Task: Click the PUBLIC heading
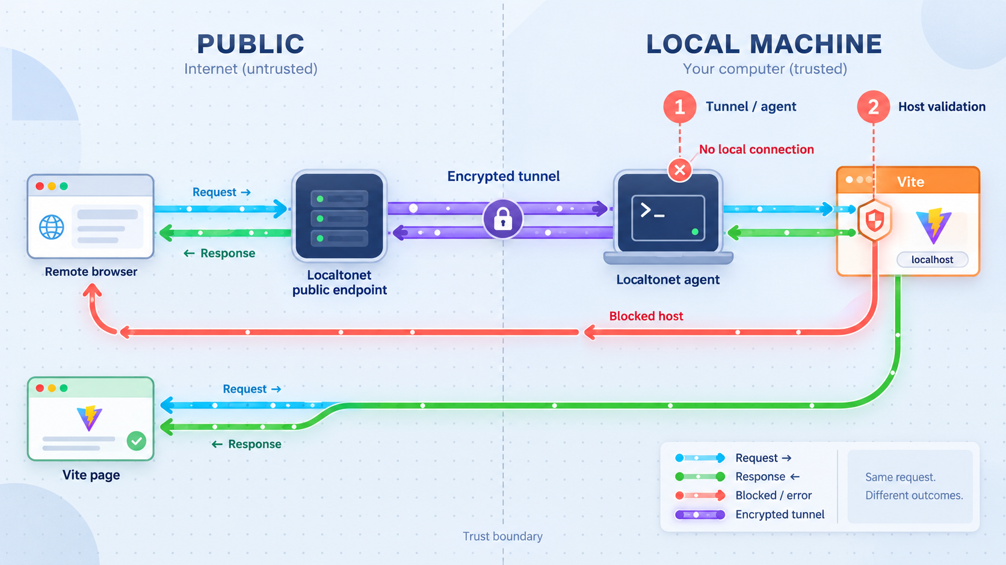251,44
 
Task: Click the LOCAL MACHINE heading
764,44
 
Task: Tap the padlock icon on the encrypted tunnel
503,219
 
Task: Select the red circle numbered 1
679,107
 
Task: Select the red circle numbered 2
873,107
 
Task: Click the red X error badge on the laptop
679,170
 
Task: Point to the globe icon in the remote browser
52,227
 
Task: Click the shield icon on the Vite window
874,221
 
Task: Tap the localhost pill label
933,260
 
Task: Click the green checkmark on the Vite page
137,441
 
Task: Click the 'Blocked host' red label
646,316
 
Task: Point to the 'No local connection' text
756,150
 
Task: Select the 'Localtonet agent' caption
668,279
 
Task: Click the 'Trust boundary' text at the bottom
502,536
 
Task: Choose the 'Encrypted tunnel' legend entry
750,515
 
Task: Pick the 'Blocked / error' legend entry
743,495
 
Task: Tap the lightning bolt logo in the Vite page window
90,418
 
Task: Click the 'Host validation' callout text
942,107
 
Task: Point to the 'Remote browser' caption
91,272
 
